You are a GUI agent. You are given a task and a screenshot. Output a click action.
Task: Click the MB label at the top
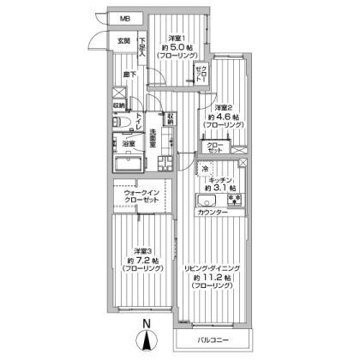coord(125,18)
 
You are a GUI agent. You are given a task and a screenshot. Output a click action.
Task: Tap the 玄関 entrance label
coord(123,40)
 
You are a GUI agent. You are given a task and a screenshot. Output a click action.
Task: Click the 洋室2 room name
coord(213,106)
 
